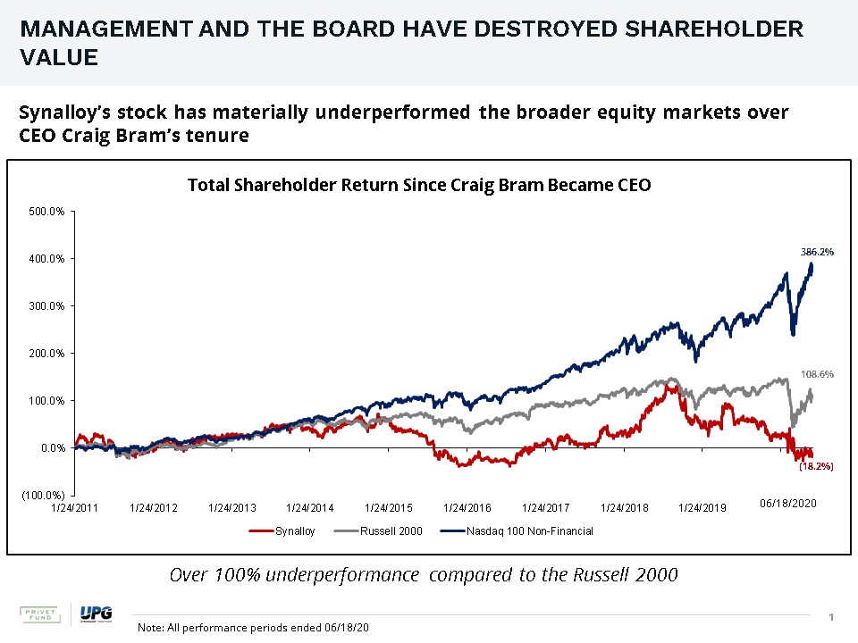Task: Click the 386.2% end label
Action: tap(817, 252)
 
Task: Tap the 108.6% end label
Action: tap(817, 375)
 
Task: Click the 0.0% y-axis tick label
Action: tap(52, 447)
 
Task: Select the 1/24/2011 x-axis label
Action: tap(75, 508)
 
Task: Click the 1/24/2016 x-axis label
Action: tap(467, 508)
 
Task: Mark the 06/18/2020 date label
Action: tap(788, 504)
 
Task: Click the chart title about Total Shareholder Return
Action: tap(419, 185)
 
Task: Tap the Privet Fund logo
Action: tap(39, 615)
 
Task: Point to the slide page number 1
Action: tap(831, 618)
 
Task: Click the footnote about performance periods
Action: tap(253, 628)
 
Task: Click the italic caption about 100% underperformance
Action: tap(424, 574)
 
